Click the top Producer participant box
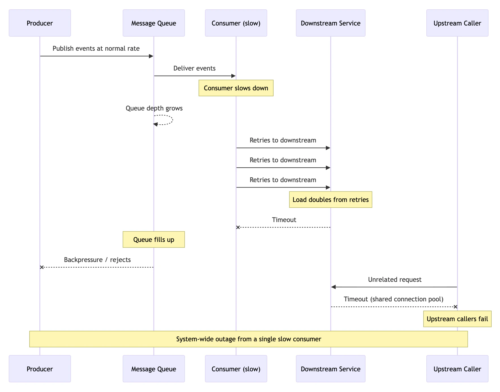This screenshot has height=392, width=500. (x=40, y=23)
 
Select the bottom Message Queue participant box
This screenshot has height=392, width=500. (x=154, y=369)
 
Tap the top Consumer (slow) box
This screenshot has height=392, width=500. (x=236, y=23)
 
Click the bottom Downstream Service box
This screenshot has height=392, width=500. (x=331, y=369)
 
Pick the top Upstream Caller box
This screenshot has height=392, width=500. (x=458, y=23)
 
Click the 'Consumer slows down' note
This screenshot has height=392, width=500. (x=236, y=88)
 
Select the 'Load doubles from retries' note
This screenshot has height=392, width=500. (x=331, y=200)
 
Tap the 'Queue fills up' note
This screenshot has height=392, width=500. (x=154, y=240)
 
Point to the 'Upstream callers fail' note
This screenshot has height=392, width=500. (x=458, y=319)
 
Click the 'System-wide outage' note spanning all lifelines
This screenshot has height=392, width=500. (x=249, y=339)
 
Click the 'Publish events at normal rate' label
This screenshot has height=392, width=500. (x=96, y=48)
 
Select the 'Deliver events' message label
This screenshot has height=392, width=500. (x=195, y=68)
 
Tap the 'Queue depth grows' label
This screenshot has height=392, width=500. (x=154, y=108)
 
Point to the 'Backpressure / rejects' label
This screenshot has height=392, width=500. (x=97, y=260)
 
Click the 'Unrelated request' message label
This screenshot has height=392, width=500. (x=395, y=280)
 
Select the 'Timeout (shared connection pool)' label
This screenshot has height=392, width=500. (x=394, y=299)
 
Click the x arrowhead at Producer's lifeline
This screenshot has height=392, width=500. (x=42, y=267)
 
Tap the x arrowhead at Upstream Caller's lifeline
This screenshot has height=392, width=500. (x=456, y=307)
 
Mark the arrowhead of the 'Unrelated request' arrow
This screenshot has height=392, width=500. (x=334, y=287)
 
